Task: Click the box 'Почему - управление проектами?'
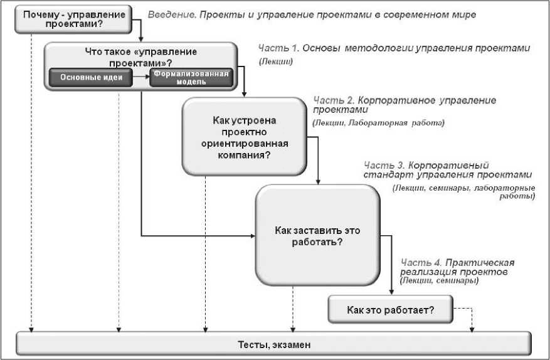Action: (73, 19)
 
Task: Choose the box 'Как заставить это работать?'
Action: (317, 236)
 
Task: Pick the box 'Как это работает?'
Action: (390, 310)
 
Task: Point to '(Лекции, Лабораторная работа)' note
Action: (378, 123)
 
